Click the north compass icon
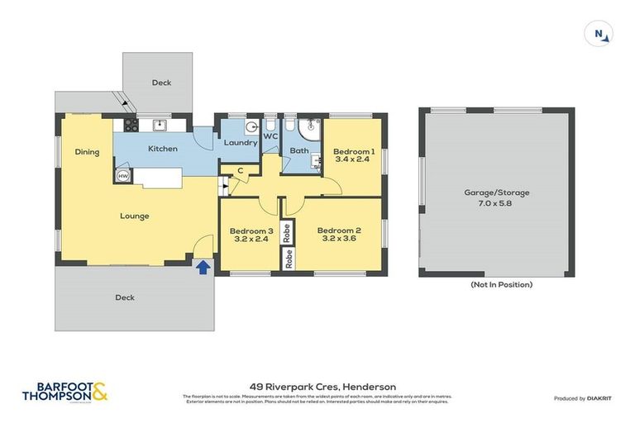(x=600, y=33)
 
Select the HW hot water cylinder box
(x=122, y=176)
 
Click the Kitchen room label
(x=163, y=149)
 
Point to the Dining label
(x=87, y=152)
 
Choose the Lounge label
(x=135, y=216)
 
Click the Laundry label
(x=241, y=143)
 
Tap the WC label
(x=270, y=136)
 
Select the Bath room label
(x=298, y=151)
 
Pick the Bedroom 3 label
(x=251, y=231)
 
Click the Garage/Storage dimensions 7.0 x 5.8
(x=496, y=202)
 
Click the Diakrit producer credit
(x=581, y=398)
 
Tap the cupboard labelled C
(x=240, y=171)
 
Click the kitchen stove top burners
(x=129, y=125)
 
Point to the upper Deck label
(x=161, y=83)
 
